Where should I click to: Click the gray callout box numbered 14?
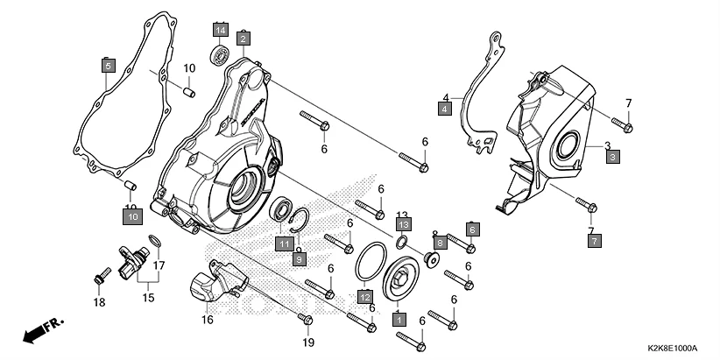[219, 32]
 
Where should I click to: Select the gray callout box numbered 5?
[107, 65]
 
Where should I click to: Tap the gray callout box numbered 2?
[243, 38]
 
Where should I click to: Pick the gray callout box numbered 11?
[286, 244]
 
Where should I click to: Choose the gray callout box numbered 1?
[399, 321]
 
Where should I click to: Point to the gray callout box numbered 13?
[402, 225]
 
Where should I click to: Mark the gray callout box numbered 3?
[612, 156]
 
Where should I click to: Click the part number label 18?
[98, 302]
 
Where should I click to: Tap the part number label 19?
[307, 342]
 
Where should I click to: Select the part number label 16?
[207, 320]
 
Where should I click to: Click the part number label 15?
[147, 298]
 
